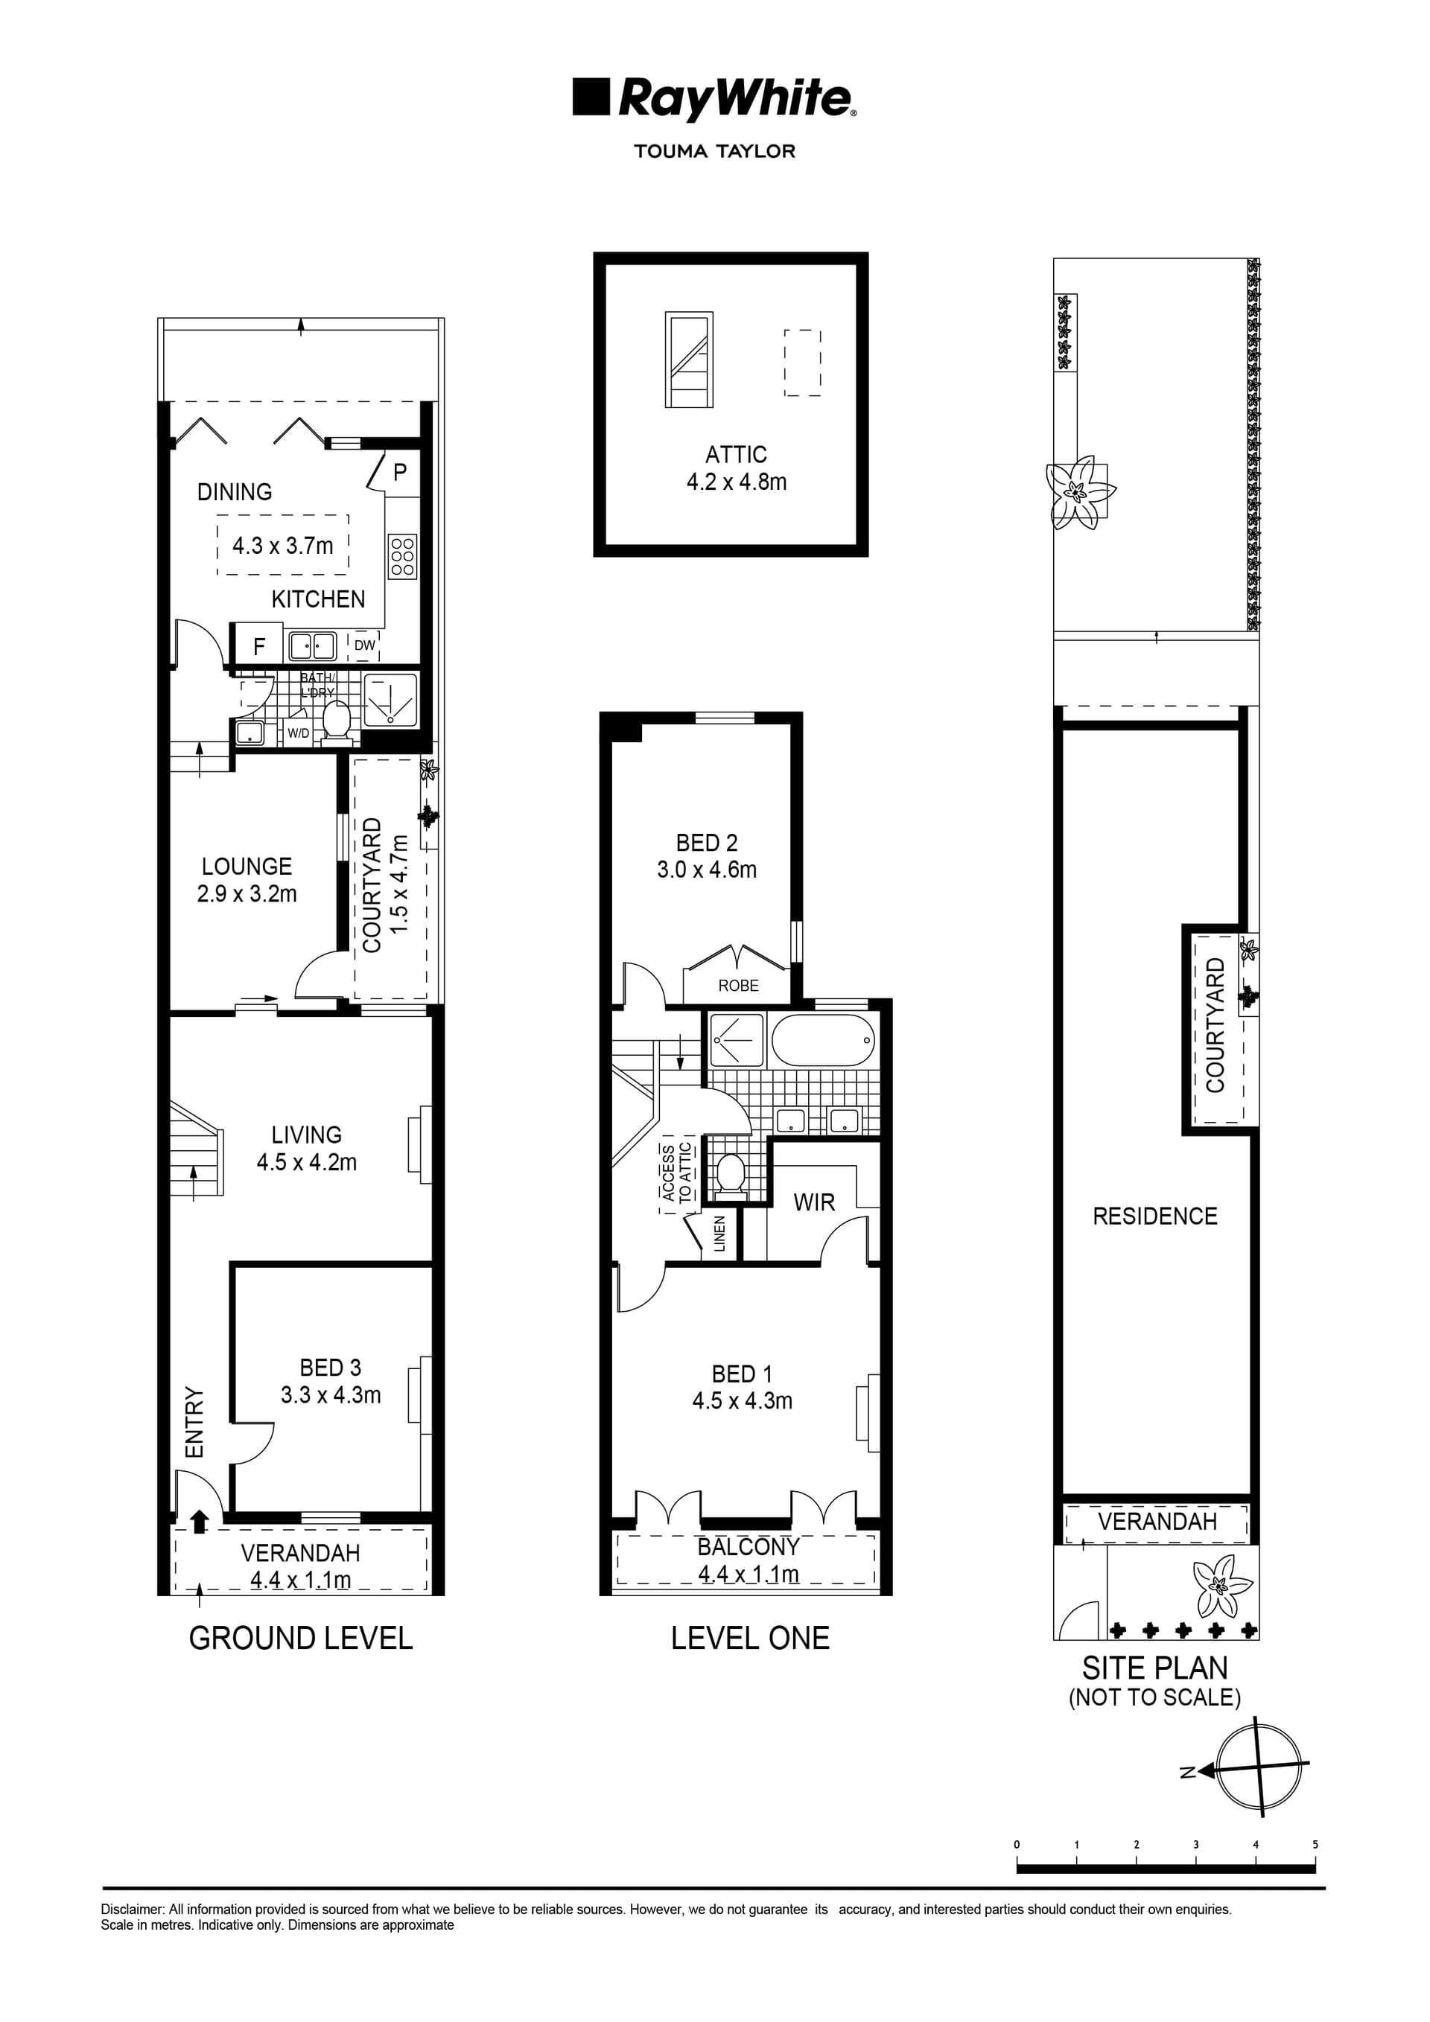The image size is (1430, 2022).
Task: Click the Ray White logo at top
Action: [714, 100]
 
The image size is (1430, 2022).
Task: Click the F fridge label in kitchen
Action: [259, 647]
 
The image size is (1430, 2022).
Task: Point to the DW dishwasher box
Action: [365, 645]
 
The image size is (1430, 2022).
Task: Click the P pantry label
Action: [400, 472]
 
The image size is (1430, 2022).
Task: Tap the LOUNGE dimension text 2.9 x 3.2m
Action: [247, 894]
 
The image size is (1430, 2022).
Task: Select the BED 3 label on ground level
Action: [331, 1368]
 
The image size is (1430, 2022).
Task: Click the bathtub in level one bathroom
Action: [823, 1041]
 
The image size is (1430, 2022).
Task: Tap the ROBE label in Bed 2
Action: [737, 986]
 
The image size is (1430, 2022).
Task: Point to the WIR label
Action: [813, 1203]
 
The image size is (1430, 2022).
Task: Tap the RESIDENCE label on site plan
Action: [1154, 1216]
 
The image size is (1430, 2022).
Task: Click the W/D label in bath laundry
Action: [298, 733]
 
